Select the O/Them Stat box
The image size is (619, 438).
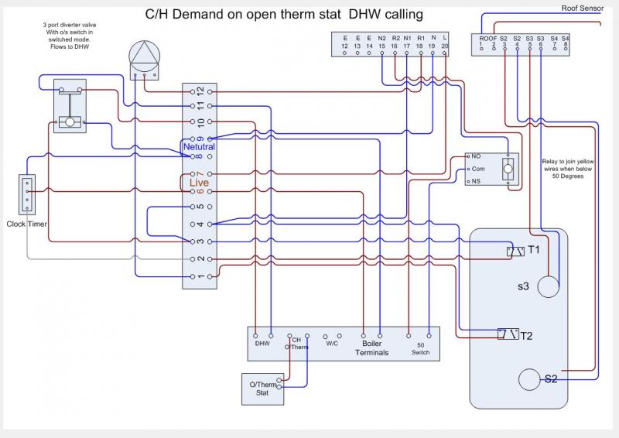point(263,388)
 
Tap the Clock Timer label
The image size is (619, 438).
point(27,224)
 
